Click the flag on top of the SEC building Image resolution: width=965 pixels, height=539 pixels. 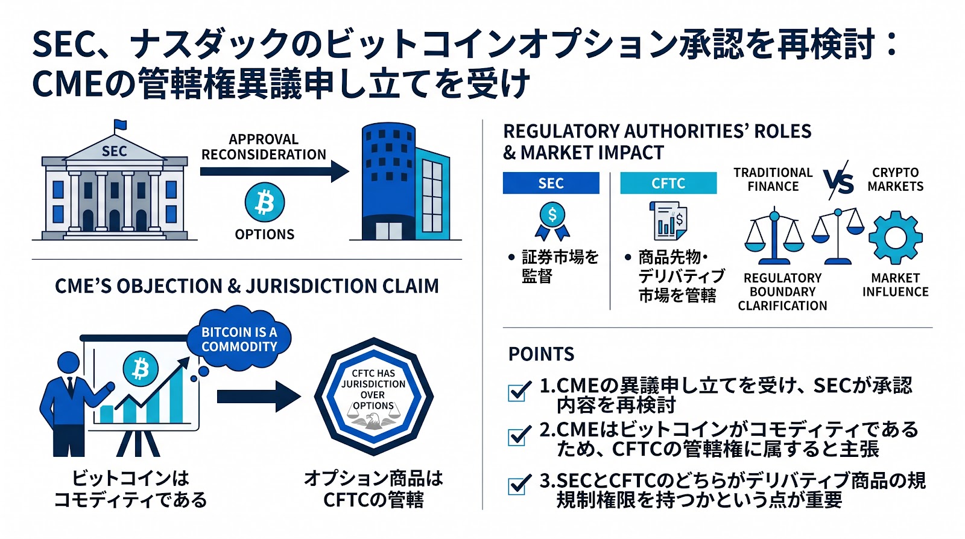pyautogui.click(x=121, y=125)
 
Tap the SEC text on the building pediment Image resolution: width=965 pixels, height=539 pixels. pyautogui.click(x=114, y=151)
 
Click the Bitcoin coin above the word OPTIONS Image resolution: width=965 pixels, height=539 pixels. pyautogui.click(x=265, y=203)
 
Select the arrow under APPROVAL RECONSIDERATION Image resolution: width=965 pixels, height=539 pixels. pyautogui.click(x=274, y=171)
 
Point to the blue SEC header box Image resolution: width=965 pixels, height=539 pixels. pyautogui.click(x=551, y=183)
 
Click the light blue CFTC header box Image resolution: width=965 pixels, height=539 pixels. pyautogui.click(x=668, y=183)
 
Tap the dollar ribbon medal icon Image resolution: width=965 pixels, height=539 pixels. pyautogui.click(x=552, y=221)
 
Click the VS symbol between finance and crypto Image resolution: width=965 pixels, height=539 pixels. pyautogui.click(x=838, y=180)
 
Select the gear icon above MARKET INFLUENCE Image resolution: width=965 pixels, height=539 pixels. pyautogui.click(x=895, y=238)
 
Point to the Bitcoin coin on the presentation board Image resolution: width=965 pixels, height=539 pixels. pyautogui.click(x=141, y=369)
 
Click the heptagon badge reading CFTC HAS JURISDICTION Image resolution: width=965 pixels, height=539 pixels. pyautogui.click(x=373, y=397)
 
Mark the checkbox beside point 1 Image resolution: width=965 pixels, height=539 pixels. pyautogui.click(x=518, y=392)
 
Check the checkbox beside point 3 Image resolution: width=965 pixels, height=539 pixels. pyautogui.click(x=518, y=485)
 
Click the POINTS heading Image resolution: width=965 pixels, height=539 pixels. pyautogui.click(x=541, y=354)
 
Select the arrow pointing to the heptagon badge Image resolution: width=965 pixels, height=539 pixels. pyautogui.click(x=259, y=397)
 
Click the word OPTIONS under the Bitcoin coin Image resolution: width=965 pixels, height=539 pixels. pyautogui.click(x=265, y=234)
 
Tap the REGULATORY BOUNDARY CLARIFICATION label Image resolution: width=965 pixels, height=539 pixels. pyautogui.click(x=782, y=292)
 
